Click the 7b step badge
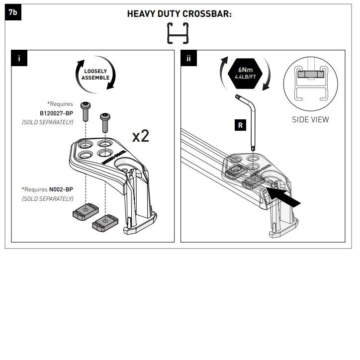click(x=13, y=12)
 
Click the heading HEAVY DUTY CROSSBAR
click(x=180, y=14)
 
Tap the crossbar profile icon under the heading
click(x=178, y=33)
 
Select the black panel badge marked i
click(x=19, y=58)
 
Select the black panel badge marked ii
click(x=189, y=58)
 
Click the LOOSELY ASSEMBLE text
click(x=95, y=75)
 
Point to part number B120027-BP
click(x=56, y=113)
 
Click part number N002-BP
click(x=61, y=189)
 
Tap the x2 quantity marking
click(x=141, y=136)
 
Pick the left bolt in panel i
click(x=86, y=111)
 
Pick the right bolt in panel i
click(x=105, y=123)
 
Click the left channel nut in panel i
click(x=86, y=212)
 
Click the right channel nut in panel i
click(x=105, y=223)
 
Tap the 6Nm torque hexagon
click(x=245, y=73)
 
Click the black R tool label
click(x=240, y=125)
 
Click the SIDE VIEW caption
click(x=310, y=119)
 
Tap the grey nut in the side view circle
click(x=311, y=74)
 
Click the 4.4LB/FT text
click(x=245, y=77)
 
